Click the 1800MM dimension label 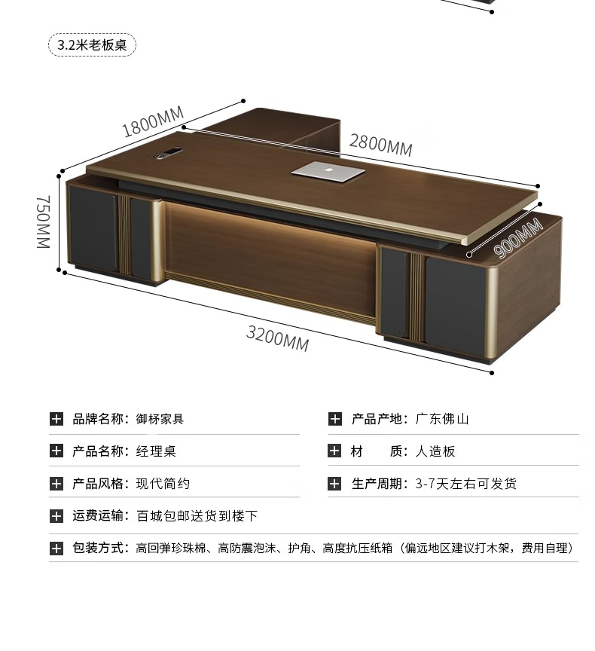click(x=153, y=122)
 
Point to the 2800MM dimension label click(x=380, y=143)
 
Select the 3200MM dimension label click(x=277, y=337)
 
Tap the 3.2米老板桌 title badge click(x=92, y=44)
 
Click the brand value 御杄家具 click(x=160, y=419)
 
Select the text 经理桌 click(x=156, y=451)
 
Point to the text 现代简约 click(x=163, y=484)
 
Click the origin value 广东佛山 click(x=442, y=419)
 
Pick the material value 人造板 click(x=435, y=451)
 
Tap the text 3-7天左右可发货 click(x=465, y=484)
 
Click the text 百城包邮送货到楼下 click(x=197, y=516)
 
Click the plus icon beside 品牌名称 click(x=56, y=419)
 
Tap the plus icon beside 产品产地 click(x=335, y=419)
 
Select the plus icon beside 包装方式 click(x=56, y=549)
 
